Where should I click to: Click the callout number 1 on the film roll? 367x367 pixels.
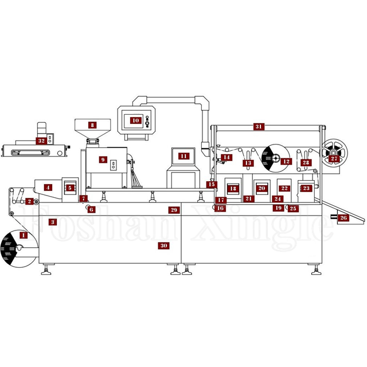click(24, 235)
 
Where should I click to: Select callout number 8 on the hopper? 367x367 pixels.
click(92, 124)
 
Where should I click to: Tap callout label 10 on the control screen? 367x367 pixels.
click(135, 120)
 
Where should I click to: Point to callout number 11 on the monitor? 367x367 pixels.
click(183, 156)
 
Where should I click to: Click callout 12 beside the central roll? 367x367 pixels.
click(286, 162)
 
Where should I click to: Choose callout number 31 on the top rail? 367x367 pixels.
click(259, 126)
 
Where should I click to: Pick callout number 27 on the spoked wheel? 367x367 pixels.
click(334, 159)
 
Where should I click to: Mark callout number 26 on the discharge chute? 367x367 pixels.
click(343, 218)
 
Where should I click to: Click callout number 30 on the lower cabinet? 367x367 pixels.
click(163, 245)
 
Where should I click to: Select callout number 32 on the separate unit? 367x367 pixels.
click(41, 140)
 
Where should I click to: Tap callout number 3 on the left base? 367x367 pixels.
click(53, 221)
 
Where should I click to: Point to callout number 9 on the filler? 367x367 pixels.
click(103, 160)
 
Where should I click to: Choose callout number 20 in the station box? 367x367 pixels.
click(261, 188)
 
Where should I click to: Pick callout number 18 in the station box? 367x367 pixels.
click(233, 188)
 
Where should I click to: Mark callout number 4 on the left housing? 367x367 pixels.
click(48, 187)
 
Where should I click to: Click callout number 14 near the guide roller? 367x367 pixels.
click(227, 157)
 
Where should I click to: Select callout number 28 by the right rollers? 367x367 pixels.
click(306, 162)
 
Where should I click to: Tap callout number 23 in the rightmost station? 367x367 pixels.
click(306, 188)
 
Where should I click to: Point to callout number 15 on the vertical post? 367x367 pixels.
click(212, 185)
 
